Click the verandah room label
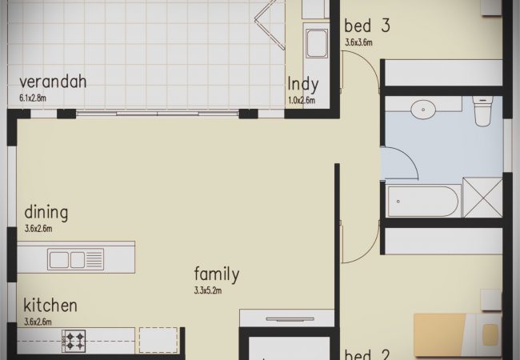point(53,82)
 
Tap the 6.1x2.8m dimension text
point(33,98)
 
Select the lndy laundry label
point(303,85)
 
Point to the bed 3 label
point(367,26)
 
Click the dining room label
point(46,213)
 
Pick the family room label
point(217,274)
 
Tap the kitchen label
point(50,306)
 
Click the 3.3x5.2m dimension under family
point(208,290)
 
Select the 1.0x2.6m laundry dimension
point(302,101)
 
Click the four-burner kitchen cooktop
point(74,341)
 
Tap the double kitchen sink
point(76,259)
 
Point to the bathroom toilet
point(483,111)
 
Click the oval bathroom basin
point(423,110)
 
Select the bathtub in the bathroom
point(423,202)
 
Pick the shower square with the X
point(482,198)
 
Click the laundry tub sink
point(317,43)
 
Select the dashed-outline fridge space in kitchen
point(158,340)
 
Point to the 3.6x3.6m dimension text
point(359,42)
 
